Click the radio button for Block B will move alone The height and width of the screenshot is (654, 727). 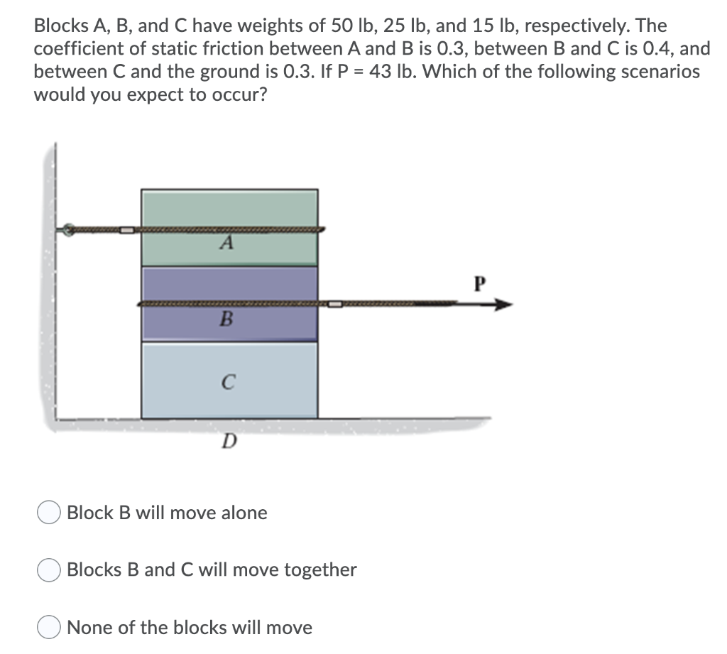coord(49,513)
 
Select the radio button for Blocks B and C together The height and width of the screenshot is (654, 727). coord(49,570)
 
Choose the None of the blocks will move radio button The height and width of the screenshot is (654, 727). coord(49,628)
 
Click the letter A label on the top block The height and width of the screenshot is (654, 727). coord(226,244)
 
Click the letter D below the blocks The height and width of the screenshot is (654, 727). coord(228,442)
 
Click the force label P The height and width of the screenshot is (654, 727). coord(480,285)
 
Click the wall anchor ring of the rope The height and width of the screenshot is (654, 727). coord(67,230)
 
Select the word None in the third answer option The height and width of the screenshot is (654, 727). coord(87,628)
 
